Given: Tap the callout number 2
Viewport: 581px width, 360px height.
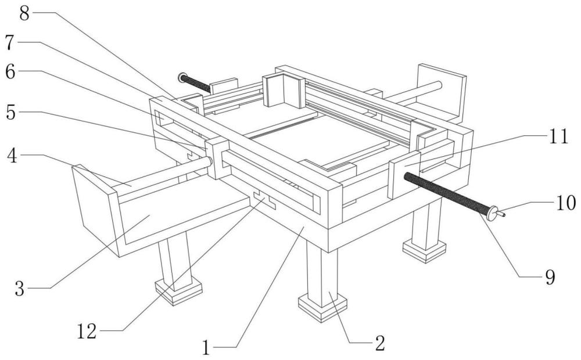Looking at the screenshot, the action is coord(380,343).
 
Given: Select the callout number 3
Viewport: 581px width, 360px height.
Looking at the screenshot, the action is coord(20,288).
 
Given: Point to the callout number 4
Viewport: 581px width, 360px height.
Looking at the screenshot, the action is coord(12,156).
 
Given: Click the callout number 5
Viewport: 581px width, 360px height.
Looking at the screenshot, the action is coord(11,112).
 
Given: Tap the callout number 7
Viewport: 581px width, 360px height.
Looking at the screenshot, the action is coord(10,42).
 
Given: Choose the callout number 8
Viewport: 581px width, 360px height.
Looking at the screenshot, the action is coord(24,13).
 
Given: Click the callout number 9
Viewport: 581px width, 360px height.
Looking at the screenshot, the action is coord(550,276).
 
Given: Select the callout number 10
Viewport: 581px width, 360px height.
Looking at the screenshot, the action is coord(566,203).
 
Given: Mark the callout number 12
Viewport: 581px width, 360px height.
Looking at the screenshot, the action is coord(87,331).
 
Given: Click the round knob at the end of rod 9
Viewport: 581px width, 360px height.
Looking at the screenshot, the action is coord(493,213).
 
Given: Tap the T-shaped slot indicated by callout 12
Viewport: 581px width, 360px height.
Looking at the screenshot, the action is coord(264,200).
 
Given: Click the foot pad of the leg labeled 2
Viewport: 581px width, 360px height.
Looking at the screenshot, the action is coord(322,307).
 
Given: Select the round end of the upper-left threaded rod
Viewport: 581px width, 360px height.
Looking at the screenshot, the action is coord(182,78).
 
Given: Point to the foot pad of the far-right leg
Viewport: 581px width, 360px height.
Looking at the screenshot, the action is coord(424,251).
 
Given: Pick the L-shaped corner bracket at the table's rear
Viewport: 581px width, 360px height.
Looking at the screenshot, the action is coord(284,90).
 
